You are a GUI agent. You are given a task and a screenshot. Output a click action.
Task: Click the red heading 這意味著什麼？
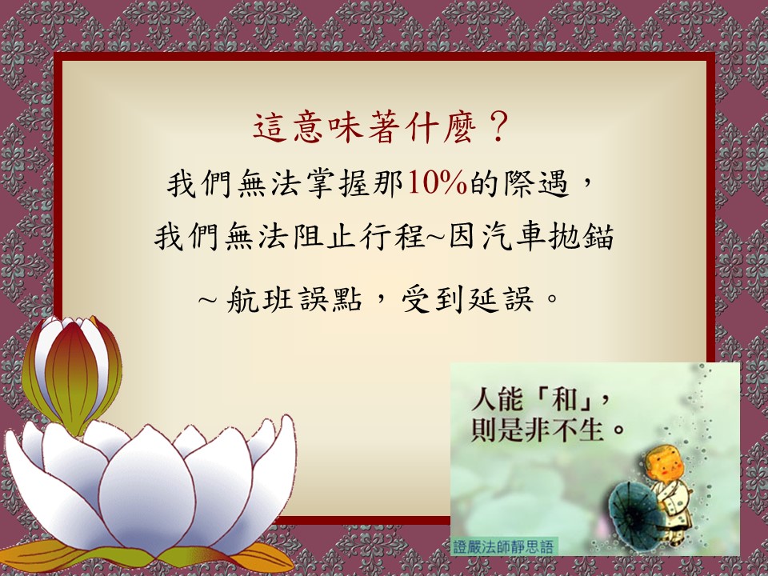[x=382, y=127]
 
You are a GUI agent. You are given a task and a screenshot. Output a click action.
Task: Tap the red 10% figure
[x=438, y=183]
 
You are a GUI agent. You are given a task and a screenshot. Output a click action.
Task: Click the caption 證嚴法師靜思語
[x=503, y=546]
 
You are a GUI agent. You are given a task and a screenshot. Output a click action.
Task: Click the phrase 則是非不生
[x=536, y=430]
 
